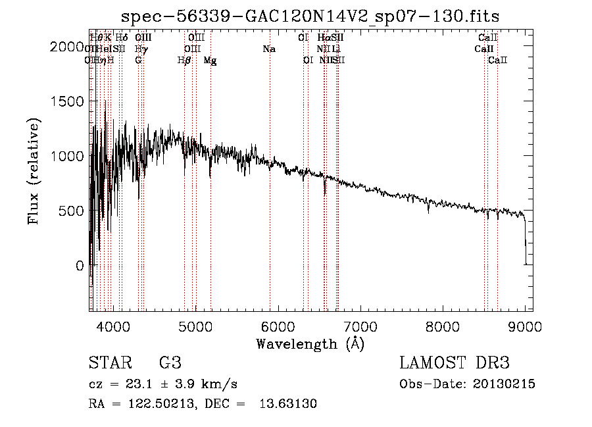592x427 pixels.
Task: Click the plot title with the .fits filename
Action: click(310, 16)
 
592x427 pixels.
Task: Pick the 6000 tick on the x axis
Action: click(278, 325)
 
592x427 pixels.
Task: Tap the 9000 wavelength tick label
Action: click(525, 325)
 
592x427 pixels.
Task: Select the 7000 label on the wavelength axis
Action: click(360, 325)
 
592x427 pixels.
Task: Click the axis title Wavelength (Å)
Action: click(310, 343)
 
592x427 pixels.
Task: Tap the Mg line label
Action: click(210, 60)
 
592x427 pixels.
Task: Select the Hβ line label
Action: click(184, 60)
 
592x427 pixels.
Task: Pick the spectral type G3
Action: click(170, 363)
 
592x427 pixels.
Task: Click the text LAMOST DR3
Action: click(455, 363)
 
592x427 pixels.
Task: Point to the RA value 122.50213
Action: click(162, 404)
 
